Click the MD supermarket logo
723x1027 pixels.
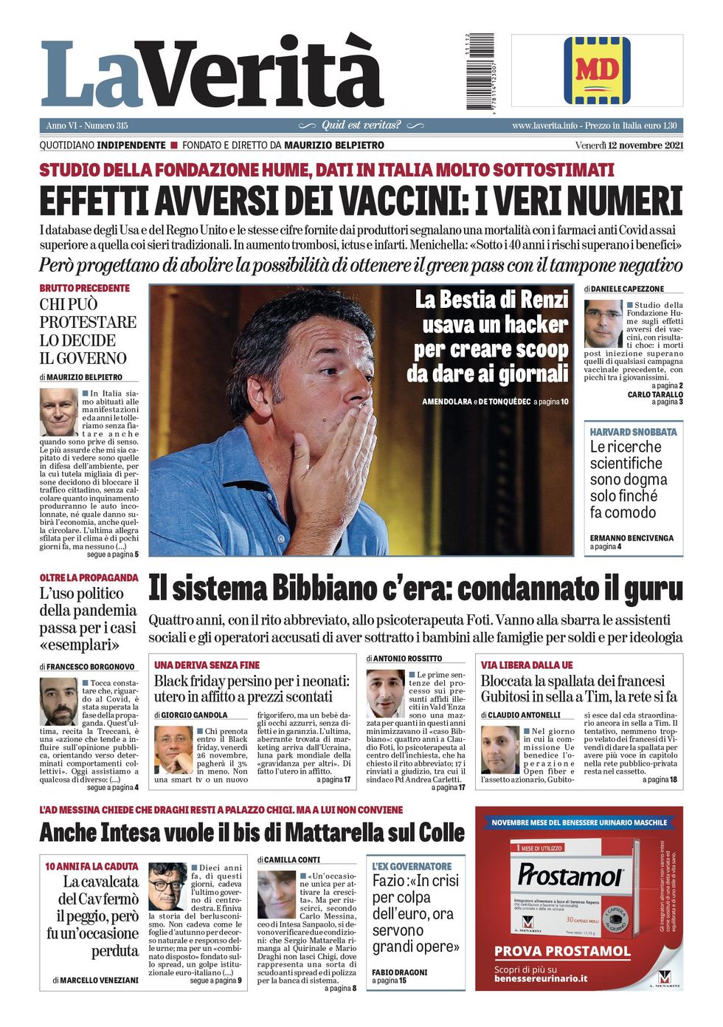pos(597,70)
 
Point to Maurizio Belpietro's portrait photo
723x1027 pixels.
pos(58,412)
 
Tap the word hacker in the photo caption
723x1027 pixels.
pos(531,324)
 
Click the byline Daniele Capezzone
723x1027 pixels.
pos(627,289)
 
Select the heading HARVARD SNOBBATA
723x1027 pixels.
pos(633,432)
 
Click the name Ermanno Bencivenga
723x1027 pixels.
pos(632,538)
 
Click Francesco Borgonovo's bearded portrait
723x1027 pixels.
pos(58,701)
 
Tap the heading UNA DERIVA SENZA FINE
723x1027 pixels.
pos(207,665)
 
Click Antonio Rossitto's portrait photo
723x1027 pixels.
pos(385,693)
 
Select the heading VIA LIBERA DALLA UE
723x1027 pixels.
pos(527,665)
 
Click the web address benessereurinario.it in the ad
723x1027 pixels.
pos(541,978)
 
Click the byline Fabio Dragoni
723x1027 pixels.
pos(399,972)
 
